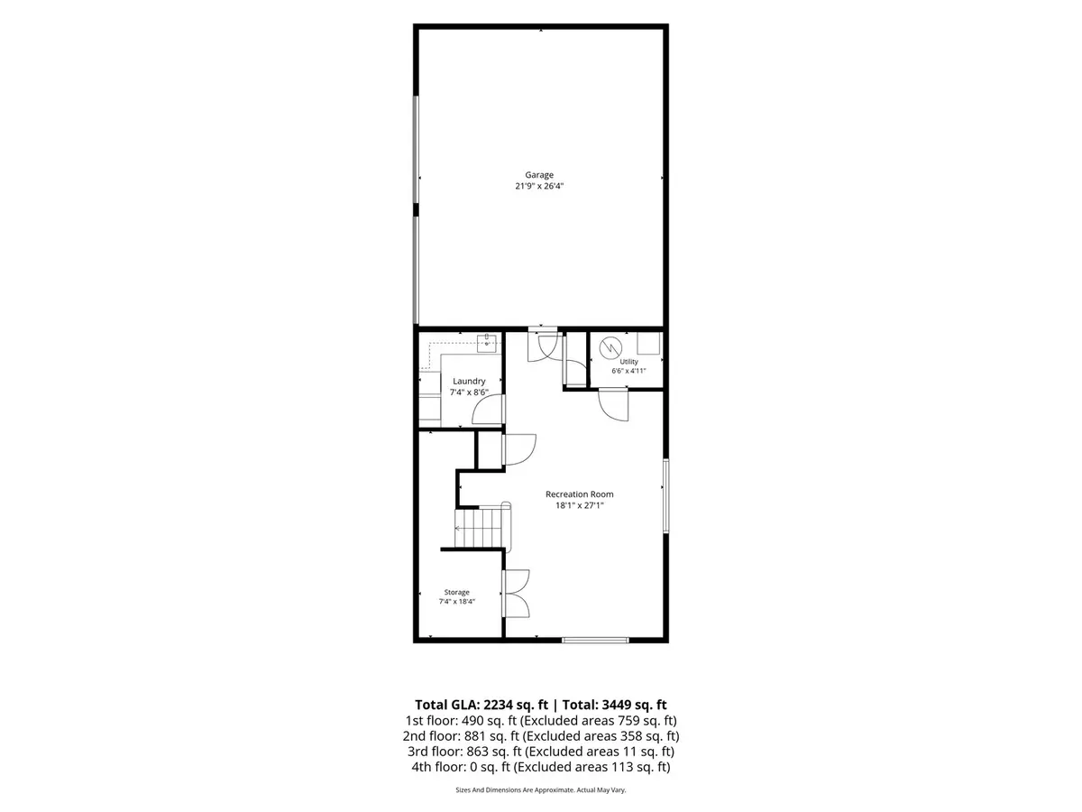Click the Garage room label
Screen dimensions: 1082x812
pos(539,175)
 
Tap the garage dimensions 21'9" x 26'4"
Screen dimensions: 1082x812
pos(539,187)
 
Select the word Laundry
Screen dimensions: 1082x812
pos(469,381)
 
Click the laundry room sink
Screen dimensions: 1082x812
pos(487,343)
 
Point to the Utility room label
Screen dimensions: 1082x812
pos(628,362)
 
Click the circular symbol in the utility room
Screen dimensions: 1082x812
pos(610,348)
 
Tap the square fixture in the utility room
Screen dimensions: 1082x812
pos(648,343)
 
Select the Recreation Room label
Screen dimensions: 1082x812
pos(579,494)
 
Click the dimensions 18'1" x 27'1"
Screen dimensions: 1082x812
pos(579,505)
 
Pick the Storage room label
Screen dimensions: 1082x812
pos(456,592)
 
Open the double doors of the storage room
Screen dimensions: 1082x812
pos(516,594)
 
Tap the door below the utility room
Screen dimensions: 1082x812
pos(614,405)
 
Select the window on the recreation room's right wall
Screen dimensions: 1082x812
pos(665,496)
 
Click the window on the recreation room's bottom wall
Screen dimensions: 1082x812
pos(595,640)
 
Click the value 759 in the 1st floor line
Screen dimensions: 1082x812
pos(625,721)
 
